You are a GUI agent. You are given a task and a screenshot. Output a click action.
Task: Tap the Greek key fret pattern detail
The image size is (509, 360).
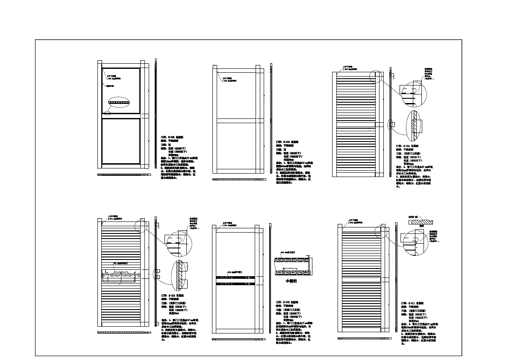293,266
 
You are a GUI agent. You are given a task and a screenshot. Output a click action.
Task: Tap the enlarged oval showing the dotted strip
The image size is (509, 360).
118,103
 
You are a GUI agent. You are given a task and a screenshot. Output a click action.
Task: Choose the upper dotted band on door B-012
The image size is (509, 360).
235,277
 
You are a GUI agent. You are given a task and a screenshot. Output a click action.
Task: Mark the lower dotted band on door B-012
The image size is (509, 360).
235,283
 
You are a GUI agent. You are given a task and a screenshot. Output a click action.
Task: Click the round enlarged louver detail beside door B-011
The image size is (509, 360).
415,241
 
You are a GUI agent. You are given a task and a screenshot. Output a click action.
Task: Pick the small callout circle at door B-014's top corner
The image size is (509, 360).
375,77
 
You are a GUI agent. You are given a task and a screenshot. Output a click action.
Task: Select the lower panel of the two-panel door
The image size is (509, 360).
121,141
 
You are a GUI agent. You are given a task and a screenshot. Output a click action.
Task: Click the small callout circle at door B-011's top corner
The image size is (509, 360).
380,230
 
